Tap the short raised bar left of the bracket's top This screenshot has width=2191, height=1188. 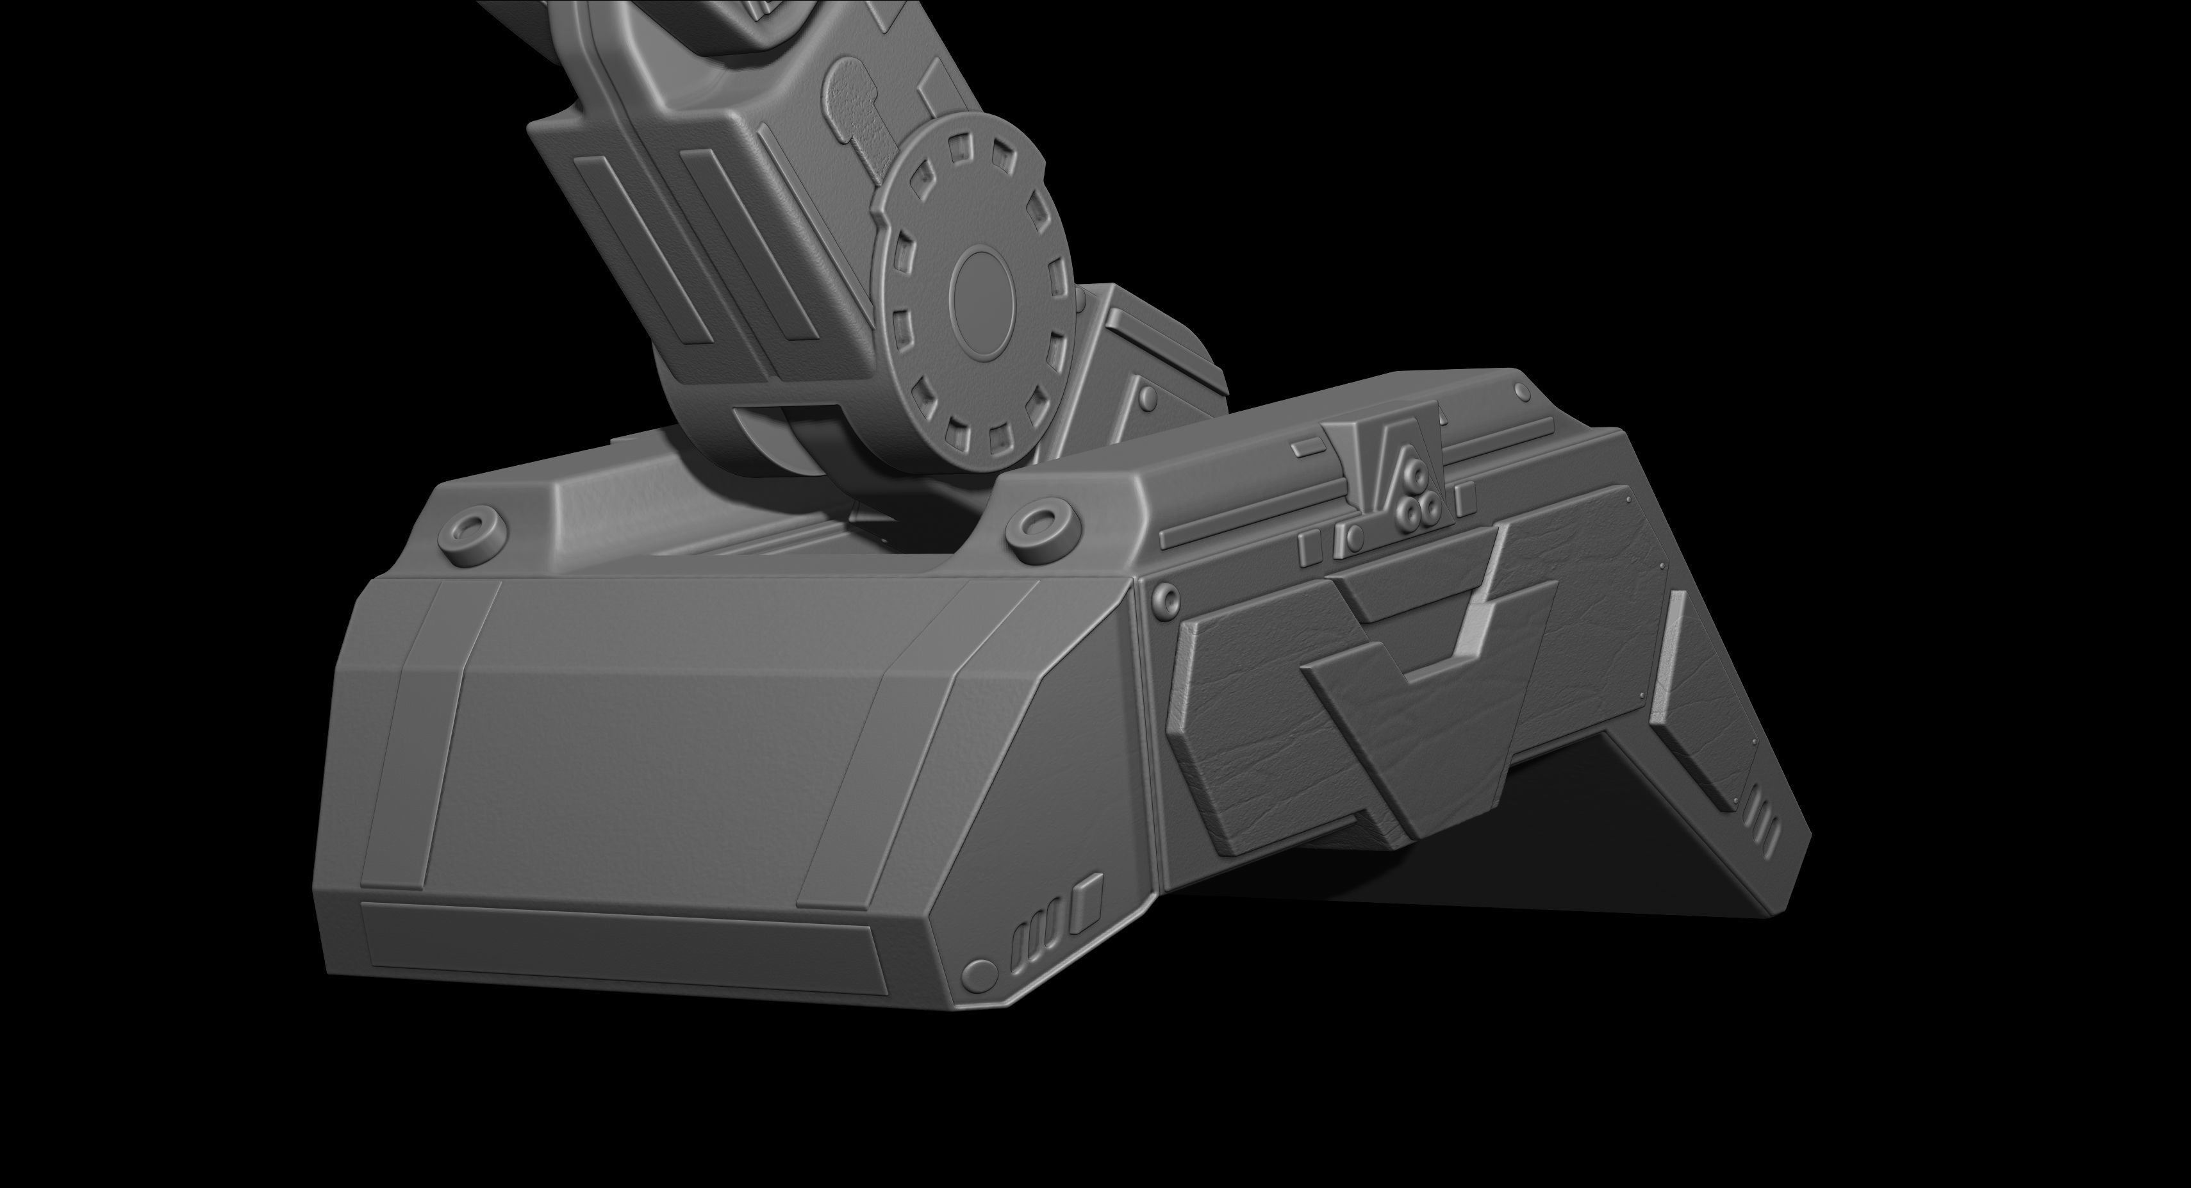pos(1310,447)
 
